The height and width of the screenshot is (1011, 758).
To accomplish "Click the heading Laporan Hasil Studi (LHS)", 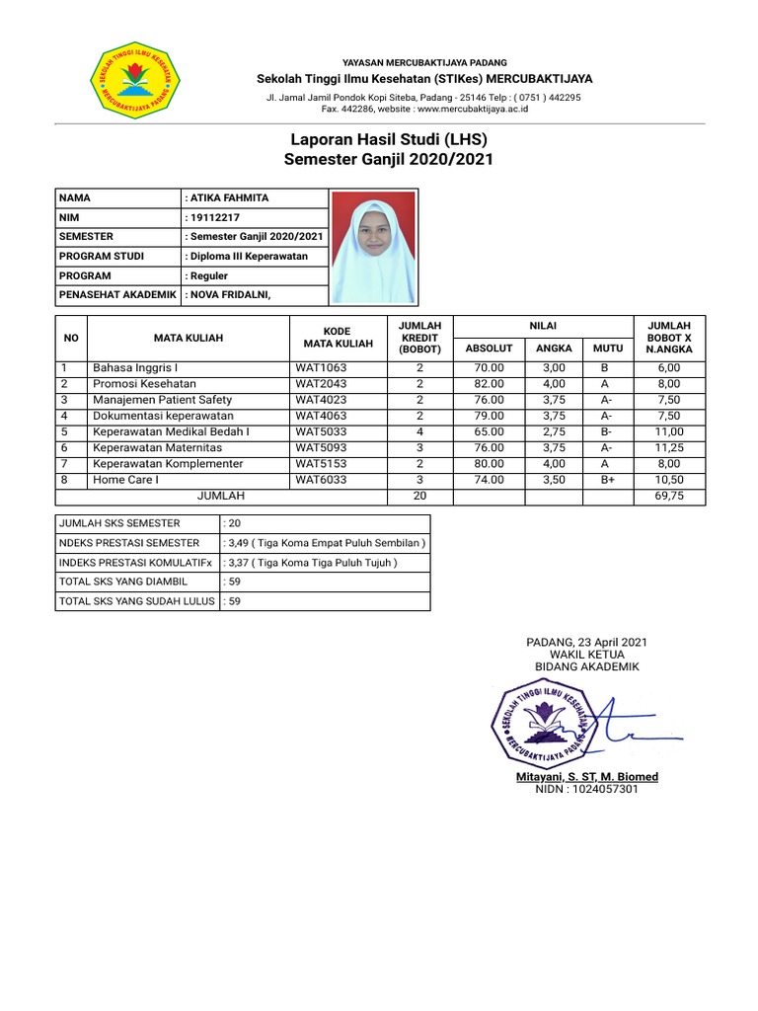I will pyautogui.click(x=388, y=139).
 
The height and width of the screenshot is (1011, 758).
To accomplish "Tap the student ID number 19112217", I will pyautogui.click(x=213, y=217).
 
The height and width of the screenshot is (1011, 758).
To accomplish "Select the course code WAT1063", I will pyautogui.click(x=321, y=367).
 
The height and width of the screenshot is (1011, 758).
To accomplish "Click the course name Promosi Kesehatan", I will pyautogui.click(x=144, y=383).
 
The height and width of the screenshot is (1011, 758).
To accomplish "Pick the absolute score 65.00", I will pyautogui.click(x=489, y=431).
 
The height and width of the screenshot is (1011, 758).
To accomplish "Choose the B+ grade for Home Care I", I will pyautogui.click(x=607, y=480).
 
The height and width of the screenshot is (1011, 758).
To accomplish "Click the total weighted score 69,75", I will pyautogui.click(x=669, y=497).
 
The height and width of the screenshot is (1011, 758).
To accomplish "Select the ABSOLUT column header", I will pyautogui.click(x=489, y=348).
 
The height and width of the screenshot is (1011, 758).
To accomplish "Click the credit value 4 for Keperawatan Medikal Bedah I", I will pyautogui.click(x=419, y=431).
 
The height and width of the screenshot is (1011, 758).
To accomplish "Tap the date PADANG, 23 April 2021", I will pyautogui.click(x=587, y=643).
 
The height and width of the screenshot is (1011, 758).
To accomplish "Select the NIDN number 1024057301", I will pyautogui.click(x=586, y=790).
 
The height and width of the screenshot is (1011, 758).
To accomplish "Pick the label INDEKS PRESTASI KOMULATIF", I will pyautogui.click(x=135, y=562).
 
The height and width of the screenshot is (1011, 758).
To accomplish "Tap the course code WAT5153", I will pyautogui.click(x=321, y=463).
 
